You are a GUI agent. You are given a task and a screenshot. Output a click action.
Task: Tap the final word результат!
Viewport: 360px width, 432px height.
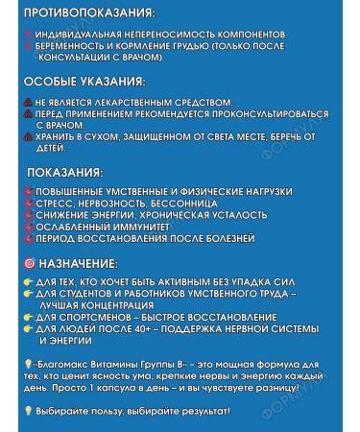tap(202, 411)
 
